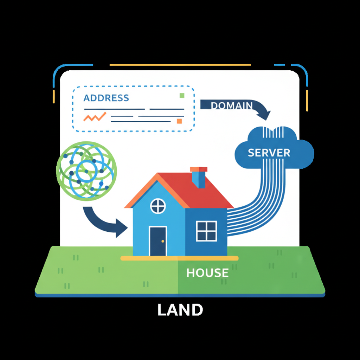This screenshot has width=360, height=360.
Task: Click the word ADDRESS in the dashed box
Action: pos(106,98)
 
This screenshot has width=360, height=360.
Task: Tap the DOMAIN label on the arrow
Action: pos(232,105)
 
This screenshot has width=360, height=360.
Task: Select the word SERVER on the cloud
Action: pos(269,153)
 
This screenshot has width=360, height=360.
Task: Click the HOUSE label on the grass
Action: pos(207,273)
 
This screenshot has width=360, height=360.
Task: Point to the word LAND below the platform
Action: pos(180,310)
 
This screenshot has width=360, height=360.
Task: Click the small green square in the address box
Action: pos(182,96)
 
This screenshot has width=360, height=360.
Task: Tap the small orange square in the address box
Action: pos(179,121)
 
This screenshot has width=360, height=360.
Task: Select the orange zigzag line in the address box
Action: pos(95,117)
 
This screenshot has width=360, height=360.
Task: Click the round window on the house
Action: pos(158,206)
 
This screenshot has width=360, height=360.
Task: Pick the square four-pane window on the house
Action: pos(207,231)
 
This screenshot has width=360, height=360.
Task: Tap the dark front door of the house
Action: pos(158,241)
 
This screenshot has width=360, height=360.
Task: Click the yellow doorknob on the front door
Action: pos(163,241)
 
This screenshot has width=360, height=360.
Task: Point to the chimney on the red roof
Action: pos(199,177)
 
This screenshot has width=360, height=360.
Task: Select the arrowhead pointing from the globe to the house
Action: pos(121,228)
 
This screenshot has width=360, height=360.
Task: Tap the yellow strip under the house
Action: pos(179,258)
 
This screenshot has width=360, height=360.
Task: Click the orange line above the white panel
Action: pos(180,65)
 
